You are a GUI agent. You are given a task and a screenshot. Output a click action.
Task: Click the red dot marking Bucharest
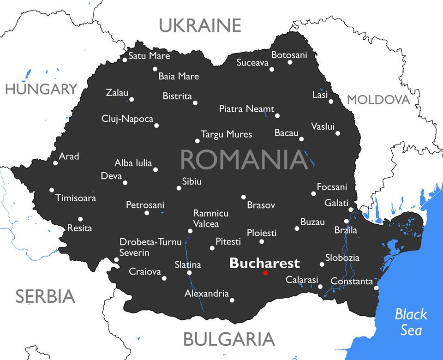(265, 273)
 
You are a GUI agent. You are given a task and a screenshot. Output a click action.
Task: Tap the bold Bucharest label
(264, 263)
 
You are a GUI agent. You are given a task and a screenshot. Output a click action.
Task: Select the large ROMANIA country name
(244, 160)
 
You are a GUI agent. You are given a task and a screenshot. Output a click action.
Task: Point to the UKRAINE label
(200, 25)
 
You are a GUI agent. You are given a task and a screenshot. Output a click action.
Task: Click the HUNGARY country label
(41, 89)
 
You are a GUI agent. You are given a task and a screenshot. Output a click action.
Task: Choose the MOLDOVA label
(378, 100)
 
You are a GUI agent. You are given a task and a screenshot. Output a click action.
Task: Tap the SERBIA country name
(45, 296)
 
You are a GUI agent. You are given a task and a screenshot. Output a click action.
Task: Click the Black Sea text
(410, 322)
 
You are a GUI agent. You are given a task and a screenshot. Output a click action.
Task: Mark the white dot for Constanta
(376, 288)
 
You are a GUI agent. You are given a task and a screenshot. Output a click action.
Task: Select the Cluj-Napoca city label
(127, 119)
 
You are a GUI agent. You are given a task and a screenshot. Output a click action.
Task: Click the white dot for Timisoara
(52, 190)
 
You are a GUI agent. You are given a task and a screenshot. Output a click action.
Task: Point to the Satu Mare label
(149, 56)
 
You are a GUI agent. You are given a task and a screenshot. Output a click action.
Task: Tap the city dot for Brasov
(244, 197)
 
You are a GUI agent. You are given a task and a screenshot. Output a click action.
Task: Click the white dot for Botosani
(290, 62)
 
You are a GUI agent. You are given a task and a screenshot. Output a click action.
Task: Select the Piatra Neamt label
(246, 109)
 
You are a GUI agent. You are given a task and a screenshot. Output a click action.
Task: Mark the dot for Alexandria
(232, 300)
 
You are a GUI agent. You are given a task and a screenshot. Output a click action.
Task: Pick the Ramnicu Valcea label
(210, 219)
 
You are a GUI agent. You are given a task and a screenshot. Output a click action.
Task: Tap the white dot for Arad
(55, 163)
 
